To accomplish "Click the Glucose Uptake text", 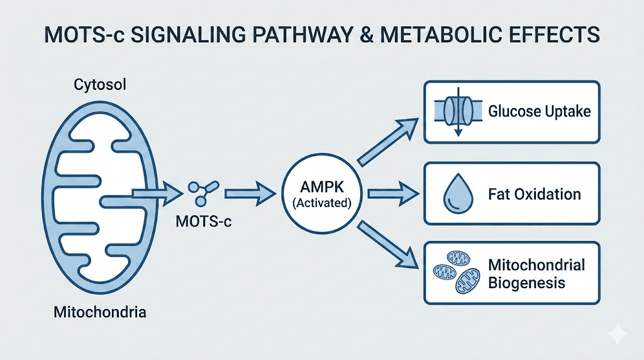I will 540,112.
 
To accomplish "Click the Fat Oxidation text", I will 534,193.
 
